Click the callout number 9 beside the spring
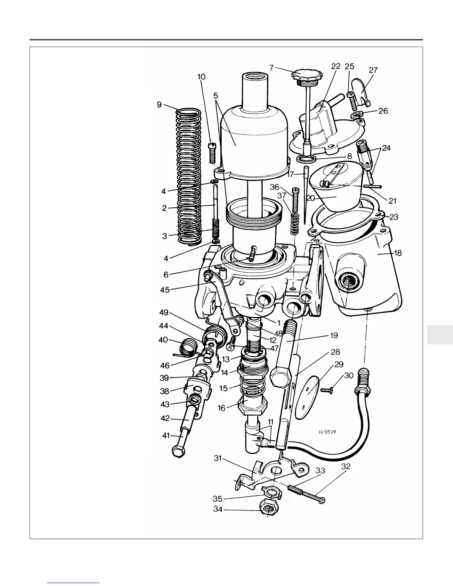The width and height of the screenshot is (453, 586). [x=159, y=105]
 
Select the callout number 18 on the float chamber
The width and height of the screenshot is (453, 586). [x=398, y=253]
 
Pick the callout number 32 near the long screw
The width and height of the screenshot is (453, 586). [x=345, y=467]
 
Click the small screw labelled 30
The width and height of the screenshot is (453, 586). [x=326, y=390]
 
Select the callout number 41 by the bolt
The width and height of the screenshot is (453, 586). [x=166, y=436]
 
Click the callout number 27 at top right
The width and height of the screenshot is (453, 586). [x=373, y=70]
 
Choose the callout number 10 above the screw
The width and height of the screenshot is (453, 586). [x=201, y=77]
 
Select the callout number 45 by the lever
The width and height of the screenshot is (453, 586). [x=165, y=290]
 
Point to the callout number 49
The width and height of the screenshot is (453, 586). [x=164, y=313]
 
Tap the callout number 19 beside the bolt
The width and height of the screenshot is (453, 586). [x=334, y=336]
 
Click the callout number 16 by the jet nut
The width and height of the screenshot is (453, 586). [x=221, y=408]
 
